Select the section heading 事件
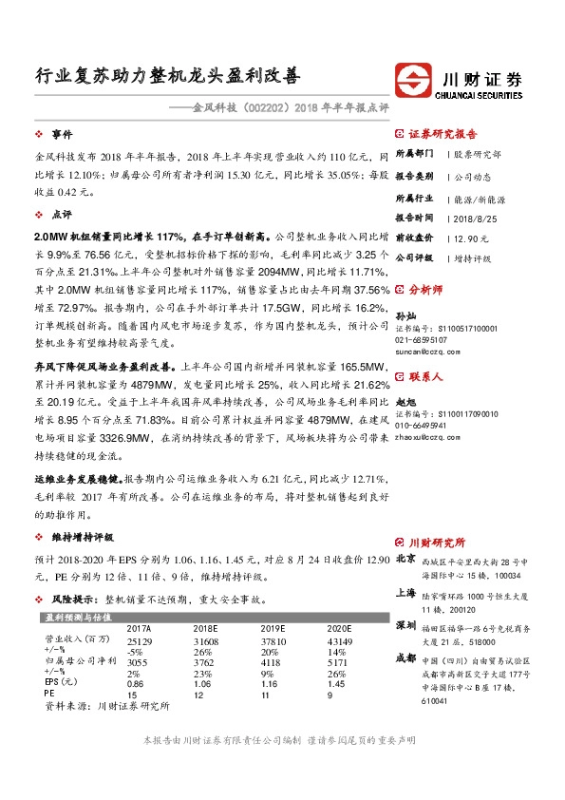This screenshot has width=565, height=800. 62,135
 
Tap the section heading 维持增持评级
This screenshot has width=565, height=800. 81,538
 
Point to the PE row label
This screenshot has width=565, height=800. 49,694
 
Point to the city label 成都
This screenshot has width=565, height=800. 405,657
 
